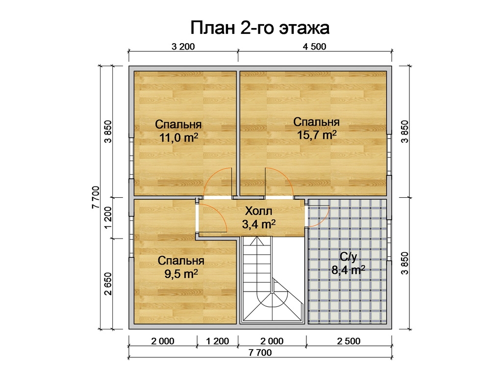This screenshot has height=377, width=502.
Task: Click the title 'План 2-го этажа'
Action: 260,28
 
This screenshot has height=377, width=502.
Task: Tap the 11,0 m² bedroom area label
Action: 178,131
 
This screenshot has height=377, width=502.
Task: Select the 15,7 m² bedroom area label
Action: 317,129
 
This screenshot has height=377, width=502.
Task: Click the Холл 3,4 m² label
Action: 259,217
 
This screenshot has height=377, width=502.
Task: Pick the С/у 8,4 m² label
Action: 349,264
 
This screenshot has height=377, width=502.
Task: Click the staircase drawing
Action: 272,279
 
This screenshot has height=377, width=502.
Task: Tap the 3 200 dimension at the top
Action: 183,47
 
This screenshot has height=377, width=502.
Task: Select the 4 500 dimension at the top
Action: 314,47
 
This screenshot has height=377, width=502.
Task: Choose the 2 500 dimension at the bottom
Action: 349,341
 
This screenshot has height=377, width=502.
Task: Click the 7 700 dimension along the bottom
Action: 260,352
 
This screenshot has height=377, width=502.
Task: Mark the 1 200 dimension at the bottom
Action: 217,341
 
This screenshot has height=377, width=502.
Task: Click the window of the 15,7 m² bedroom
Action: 389,155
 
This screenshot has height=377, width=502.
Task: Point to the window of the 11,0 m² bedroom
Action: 131,158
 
